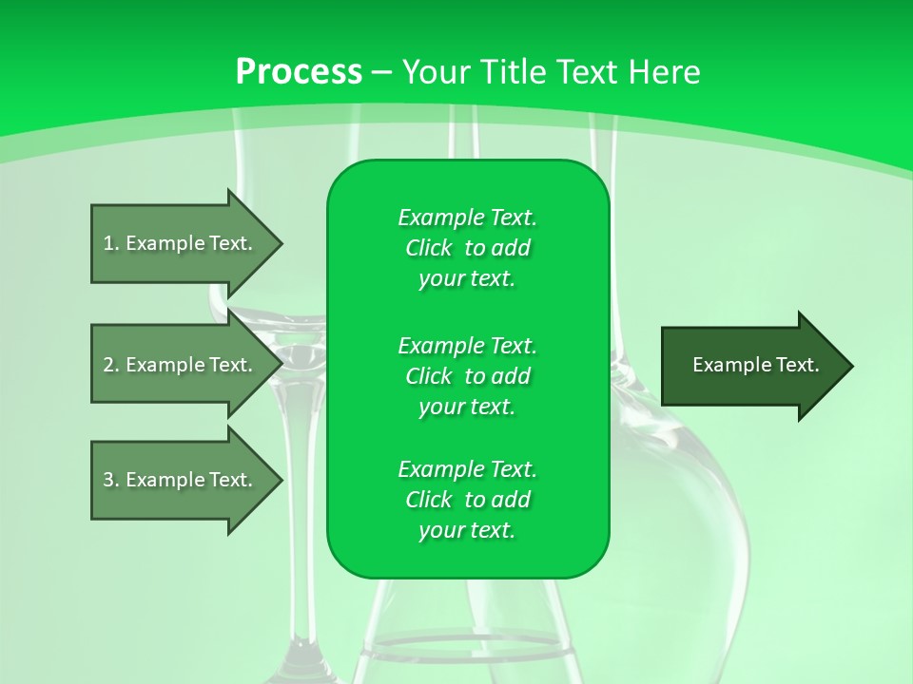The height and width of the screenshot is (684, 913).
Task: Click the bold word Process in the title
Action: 299,72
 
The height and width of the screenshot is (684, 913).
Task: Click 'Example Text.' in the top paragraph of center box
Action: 467,218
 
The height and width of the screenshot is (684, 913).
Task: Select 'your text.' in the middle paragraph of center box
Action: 467,407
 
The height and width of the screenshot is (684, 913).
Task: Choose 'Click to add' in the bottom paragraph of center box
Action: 467,500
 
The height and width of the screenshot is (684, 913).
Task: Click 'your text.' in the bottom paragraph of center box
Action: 467,530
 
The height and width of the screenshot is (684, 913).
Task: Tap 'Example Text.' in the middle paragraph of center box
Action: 467,345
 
